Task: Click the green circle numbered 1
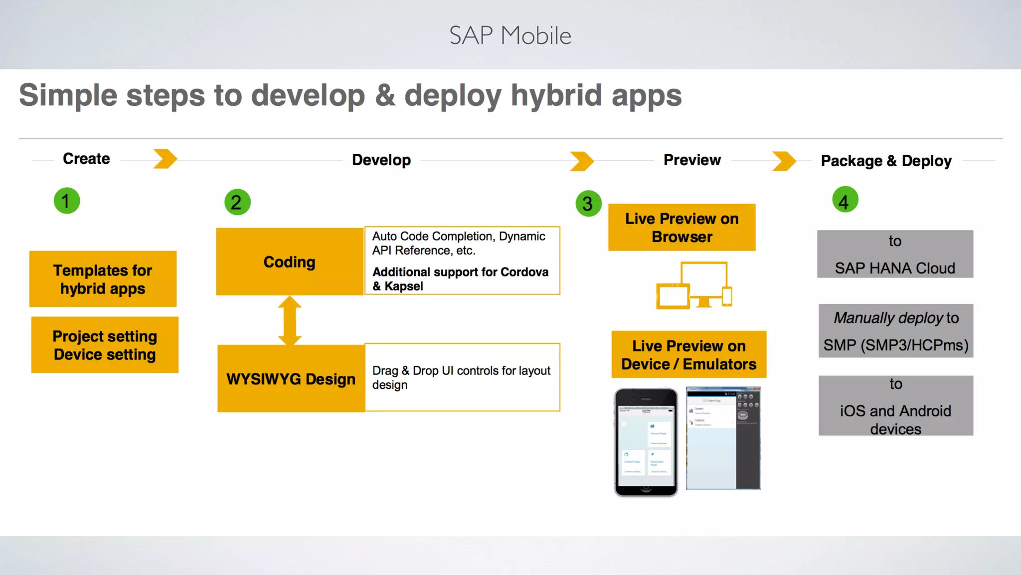(x=67, y=201)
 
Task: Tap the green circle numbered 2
(x=237, y=202)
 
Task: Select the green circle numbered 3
(x=588, y=203)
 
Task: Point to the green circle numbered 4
(x=845, y=200)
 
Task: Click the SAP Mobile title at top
(x=510, y=35)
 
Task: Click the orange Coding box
(x=290, y=262)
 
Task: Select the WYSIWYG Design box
(x=291, y=378)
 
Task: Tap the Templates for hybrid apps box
(x=103, y=279)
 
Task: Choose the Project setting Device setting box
(x=105, y=345)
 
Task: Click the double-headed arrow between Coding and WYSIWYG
(x=290, y=320)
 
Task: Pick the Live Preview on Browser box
(x=681, y=228)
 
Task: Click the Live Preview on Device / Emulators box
(x=688, y=354)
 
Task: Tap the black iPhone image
(x=646, y=442)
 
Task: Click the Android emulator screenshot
(x=723, y=438)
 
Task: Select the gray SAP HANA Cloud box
(x=895, y=254)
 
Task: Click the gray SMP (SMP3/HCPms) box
(x=895, y=331)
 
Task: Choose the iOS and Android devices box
(x=895, y=406)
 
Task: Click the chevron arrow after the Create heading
(x=165, y=159)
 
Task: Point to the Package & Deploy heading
(x=886, y=161)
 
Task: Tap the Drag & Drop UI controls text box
(x=462, y=377)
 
